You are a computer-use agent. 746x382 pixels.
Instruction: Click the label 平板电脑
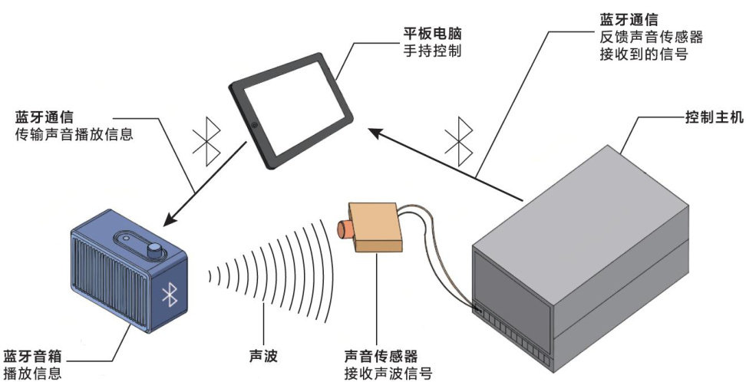(436, 35)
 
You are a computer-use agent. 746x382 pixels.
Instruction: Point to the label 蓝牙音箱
(32, 357)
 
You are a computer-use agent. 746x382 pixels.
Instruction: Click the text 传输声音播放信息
(74, 134)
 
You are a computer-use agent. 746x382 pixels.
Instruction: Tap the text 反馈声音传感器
(651, 35)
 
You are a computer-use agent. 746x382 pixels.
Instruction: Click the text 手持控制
(436, 52)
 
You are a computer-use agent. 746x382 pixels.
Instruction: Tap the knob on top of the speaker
(155, 251)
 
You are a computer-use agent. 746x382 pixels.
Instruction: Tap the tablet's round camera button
(253, 124)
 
